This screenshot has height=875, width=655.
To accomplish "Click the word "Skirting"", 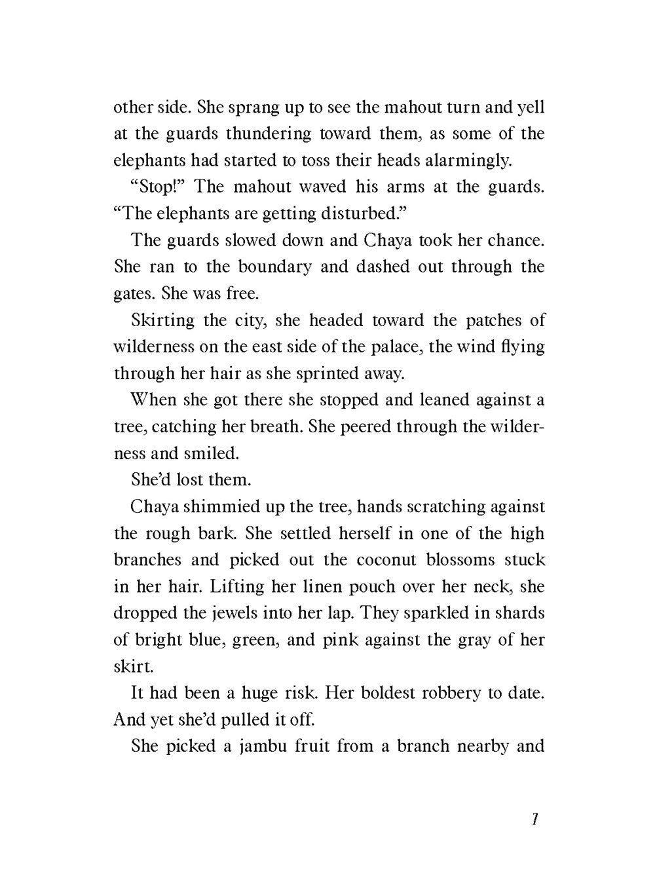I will [163, 320].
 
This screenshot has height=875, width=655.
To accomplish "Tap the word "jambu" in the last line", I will [255, 746].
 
